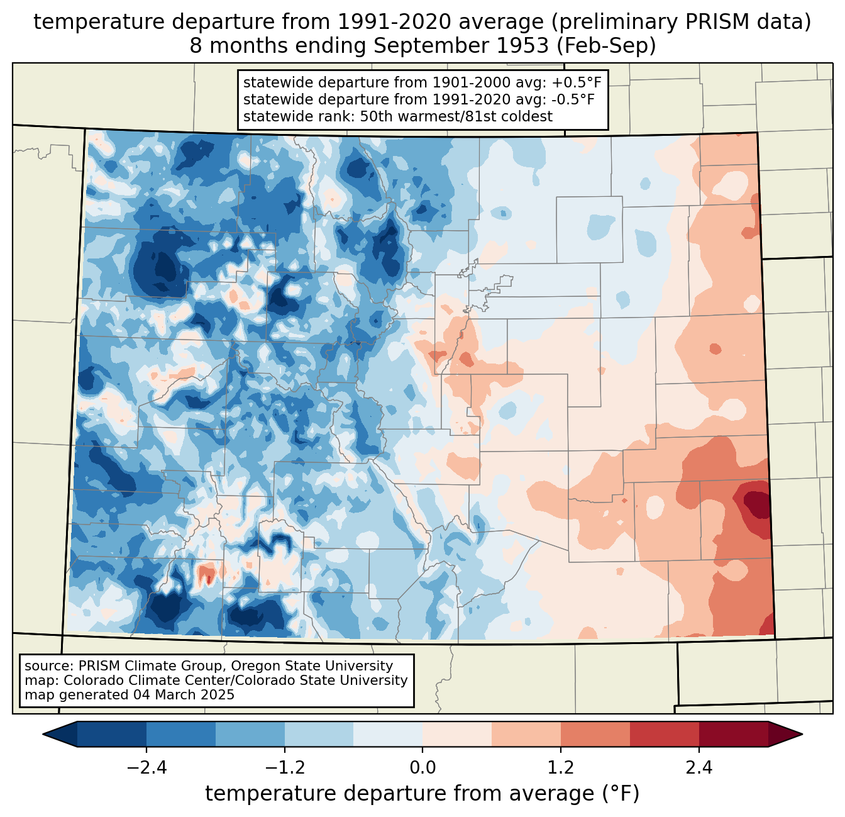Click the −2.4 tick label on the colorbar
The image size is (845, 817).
[146, 767]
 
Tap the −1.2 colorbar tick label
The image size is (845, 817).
[285, 767]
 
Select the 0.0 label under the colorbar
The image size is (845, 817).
[422, 767]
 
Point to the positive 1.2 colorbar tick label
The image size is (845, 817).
[561, 767]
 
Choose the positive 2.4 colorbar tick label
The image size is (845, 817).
[699, 767]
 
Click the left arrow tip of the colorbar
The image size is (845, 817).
[43, 734]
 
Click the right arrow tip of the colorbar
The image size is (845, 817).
[802, 734]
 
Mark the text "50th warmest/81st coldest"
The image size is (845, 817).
[456, 116]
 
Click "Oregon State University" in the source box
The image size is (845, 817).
[311, 666]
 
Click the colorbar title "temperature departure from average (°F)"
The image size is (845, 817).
[422, 793]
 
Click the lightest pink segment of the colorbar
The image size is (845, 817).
[457, 734]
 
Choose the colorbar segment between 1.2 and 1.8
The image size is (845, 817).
[595, 734]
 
